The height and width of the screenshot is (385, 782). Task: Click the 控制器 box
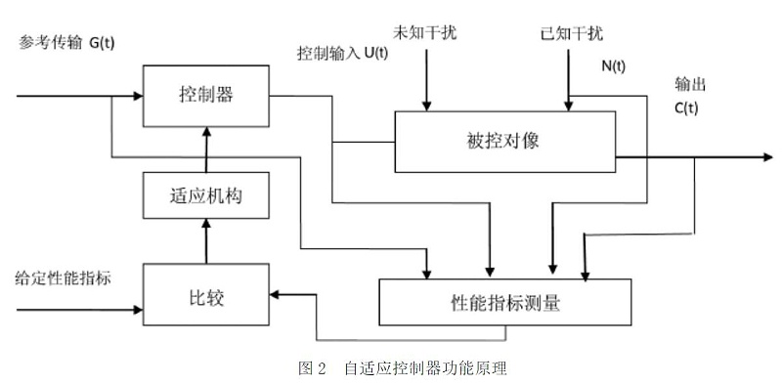pos(204,96)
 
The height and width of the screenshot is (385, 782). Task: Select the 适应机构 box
pos(204,195)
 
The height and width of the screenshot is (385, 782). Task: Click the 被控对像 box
pos(503,140)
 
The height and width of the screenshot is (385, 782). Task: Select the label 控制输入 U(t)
pos(342,53)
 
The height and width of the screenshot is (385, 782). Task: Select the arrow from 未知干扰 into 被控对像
pos(425,78)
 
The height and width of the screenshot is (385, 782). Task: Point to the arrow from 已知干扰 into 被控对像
pos(567,78)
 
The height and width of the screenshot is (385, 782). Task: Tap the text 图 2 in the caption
pos(311,368)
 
